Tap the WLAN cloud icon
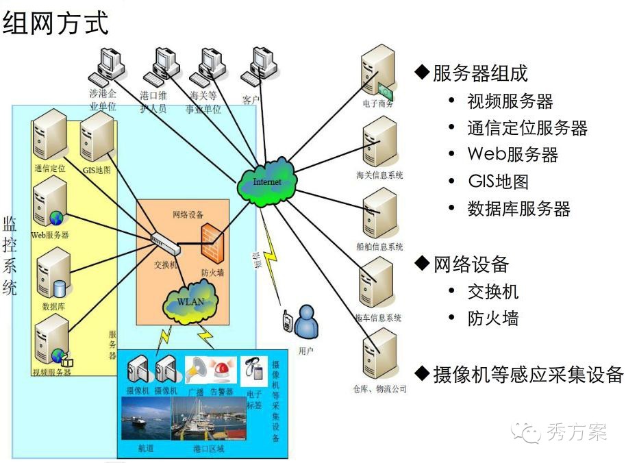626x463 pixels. [x=192, y=301]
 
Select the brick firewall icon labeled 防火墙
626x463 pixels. [x=212, y=244]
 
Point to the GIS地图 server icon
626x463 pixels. [x=97, y=136]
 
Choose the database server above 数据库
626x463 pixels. [x=54, y=273]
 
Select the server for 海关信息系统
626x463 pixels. [x=379, y=142]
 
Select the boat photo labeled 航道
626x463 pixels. [x=145, y=419]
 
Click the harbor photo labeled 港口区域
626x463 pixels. [x=208, y=419]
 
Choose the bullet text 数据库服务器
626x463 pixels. [x=518, y=209]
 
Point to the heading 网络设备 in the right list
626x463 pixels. [x=471, y=264]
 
